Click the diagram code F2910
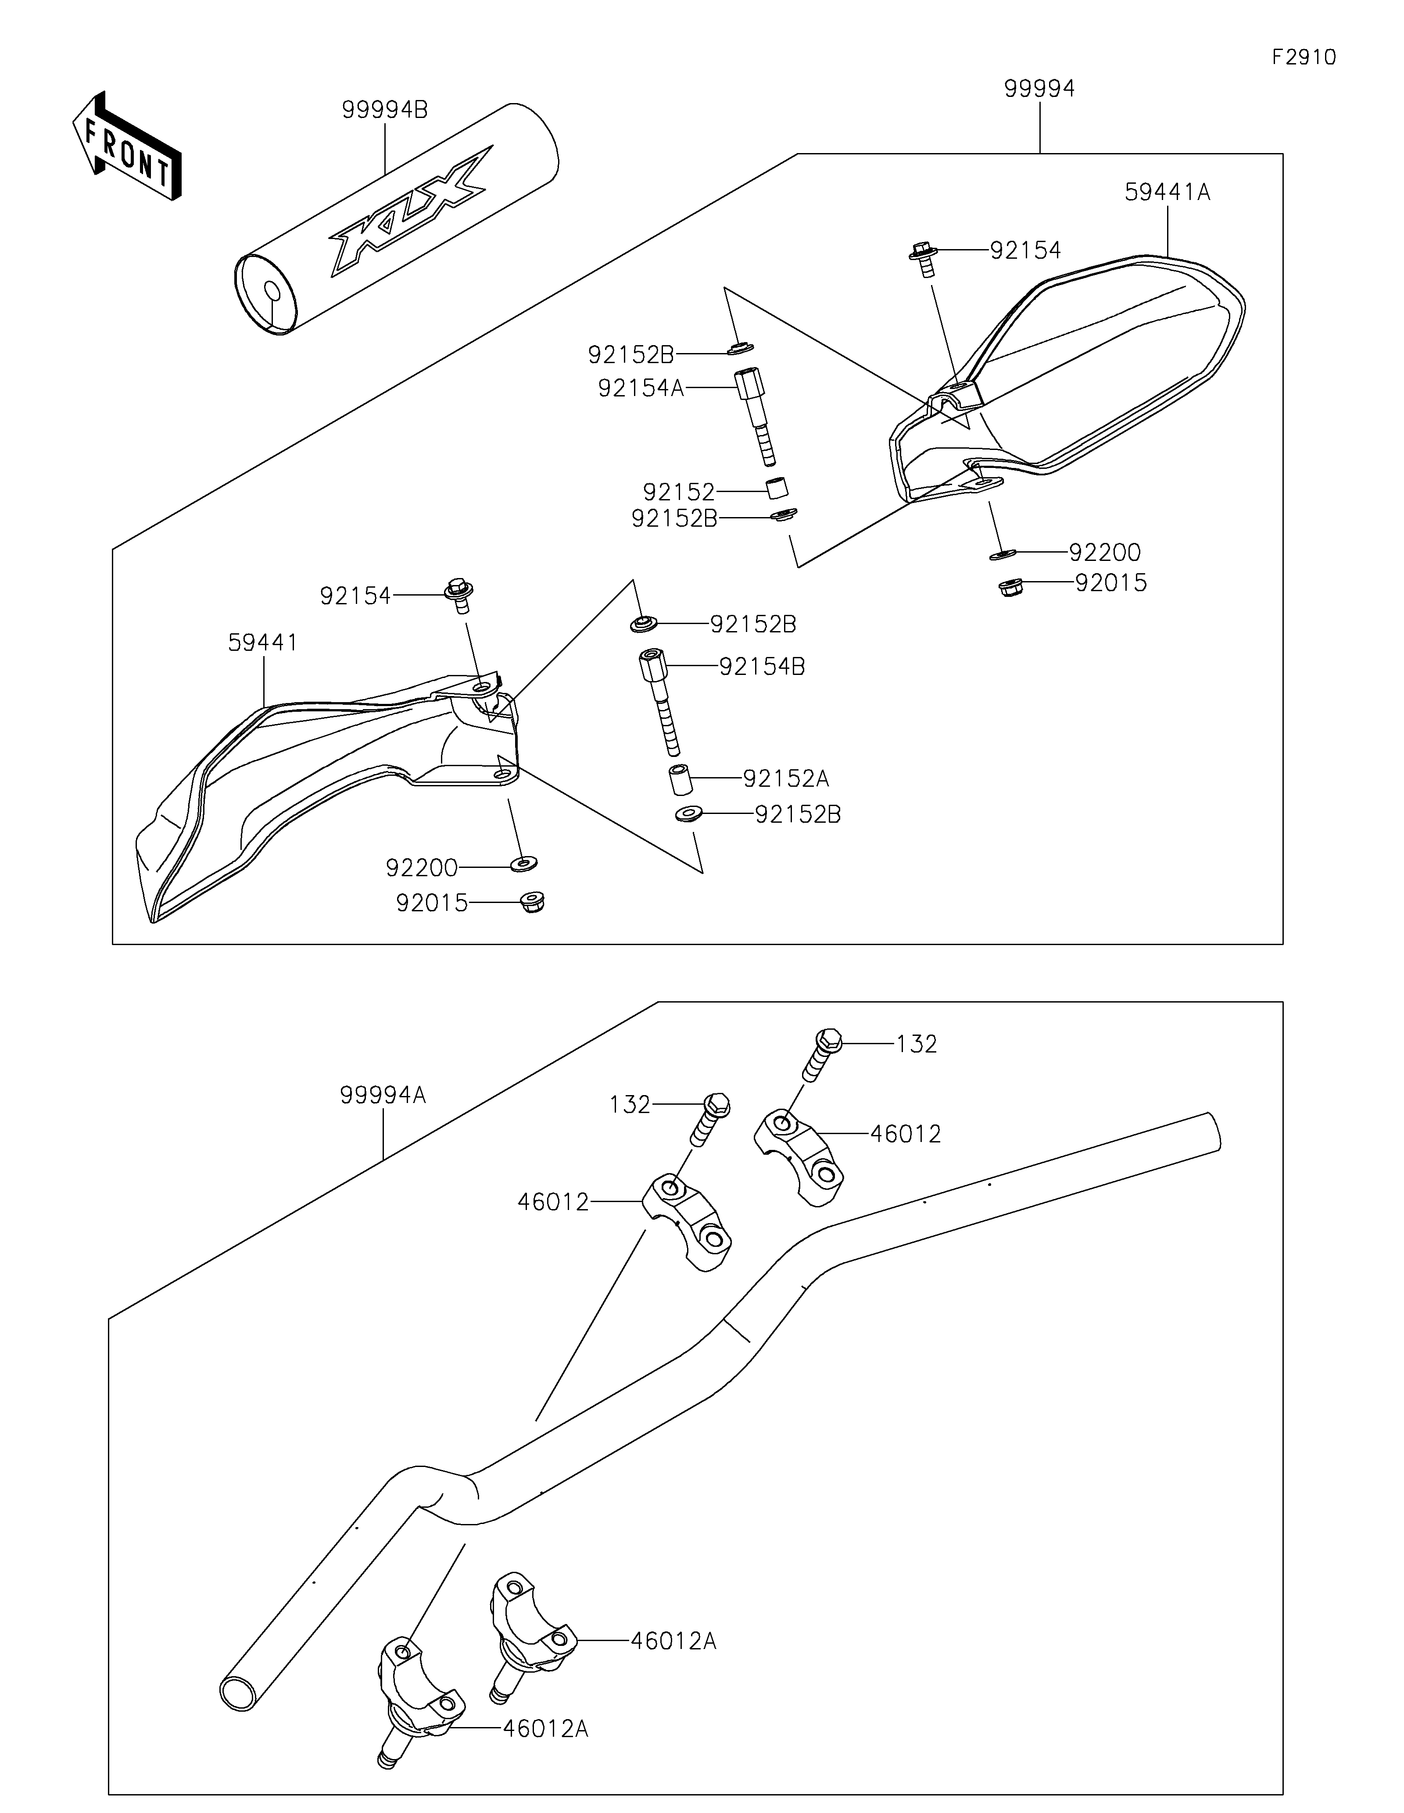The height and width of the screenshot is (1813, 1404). tap(1304, 57)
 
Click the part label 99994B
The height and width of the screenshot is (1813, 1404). tap(384, 110)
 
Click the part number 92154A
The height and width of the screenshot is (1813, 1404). tap(640, 388)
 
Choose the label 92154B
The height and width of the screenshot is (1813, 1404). tap(761, 667)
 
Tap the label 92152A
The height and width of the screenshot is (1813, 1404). tap(785, 779)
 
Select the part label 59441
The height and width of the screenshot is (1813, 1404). tap(262, 642)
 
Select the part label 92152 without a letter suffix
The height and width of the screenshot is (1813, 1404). tap(678, 492)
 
